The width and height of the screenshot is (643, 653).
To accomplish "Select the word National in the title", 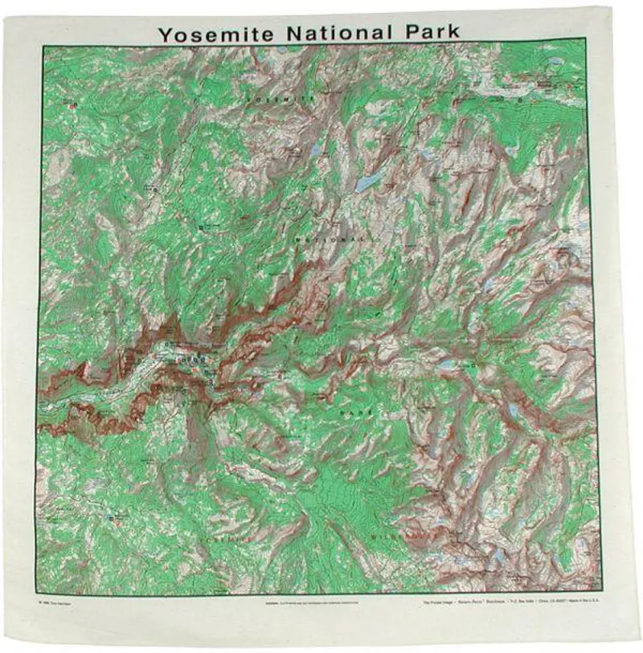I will (338, 33).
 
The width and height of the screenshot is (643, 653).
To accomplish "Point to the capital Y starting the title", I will (165, 35).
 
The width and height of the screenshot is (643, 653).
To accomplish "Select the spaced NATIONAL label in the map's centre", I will (330, 239).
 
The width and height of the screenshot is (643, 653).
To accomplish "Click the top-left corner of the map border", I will (43, 46).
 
